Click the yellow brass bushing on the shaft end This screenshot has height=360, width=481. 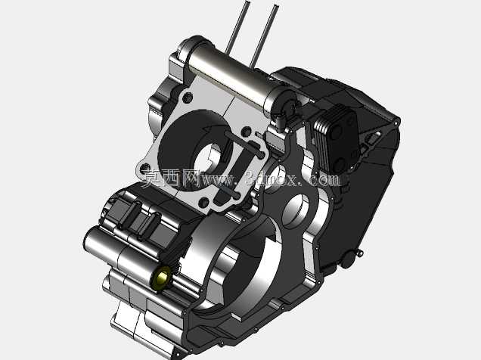[162, 278]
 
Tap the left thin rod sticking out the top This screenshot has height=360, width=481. [237, 28]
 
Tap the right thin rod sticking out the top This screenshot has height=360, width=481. [263, 36]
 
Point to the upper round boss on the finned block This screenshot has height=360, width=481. [337, 132]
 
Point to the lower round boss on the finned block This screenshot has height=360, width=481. [340, 164]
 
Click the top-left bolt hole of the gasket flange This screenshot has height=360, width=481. [188, 98]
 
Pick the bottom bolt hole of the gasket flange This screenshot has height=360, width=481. [204, 203]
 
